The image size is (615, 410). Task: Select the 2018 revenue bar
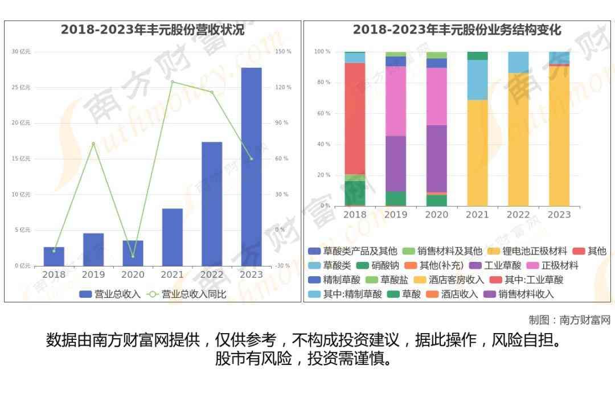pos(54,256)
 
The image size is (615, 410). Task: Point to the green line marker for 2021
pos(172,81)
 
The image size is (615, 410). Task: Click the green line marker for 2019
pos(93,143)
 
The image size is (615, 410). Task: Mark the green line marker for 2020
pos(133,256)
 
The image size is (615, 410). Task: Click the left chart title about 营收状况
pos(153,30)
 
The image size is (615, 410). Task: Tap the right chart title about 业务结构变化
pos(457,30)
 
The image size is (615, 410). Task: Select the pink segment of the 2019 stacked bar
pos(396,101)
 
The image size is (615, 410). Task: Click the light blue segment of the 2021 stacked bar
pos(477,80)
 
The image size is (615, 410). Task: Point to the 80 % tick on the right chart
pos(323,83)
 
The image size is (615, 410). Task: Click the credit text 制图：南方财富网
pos(569,320)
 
